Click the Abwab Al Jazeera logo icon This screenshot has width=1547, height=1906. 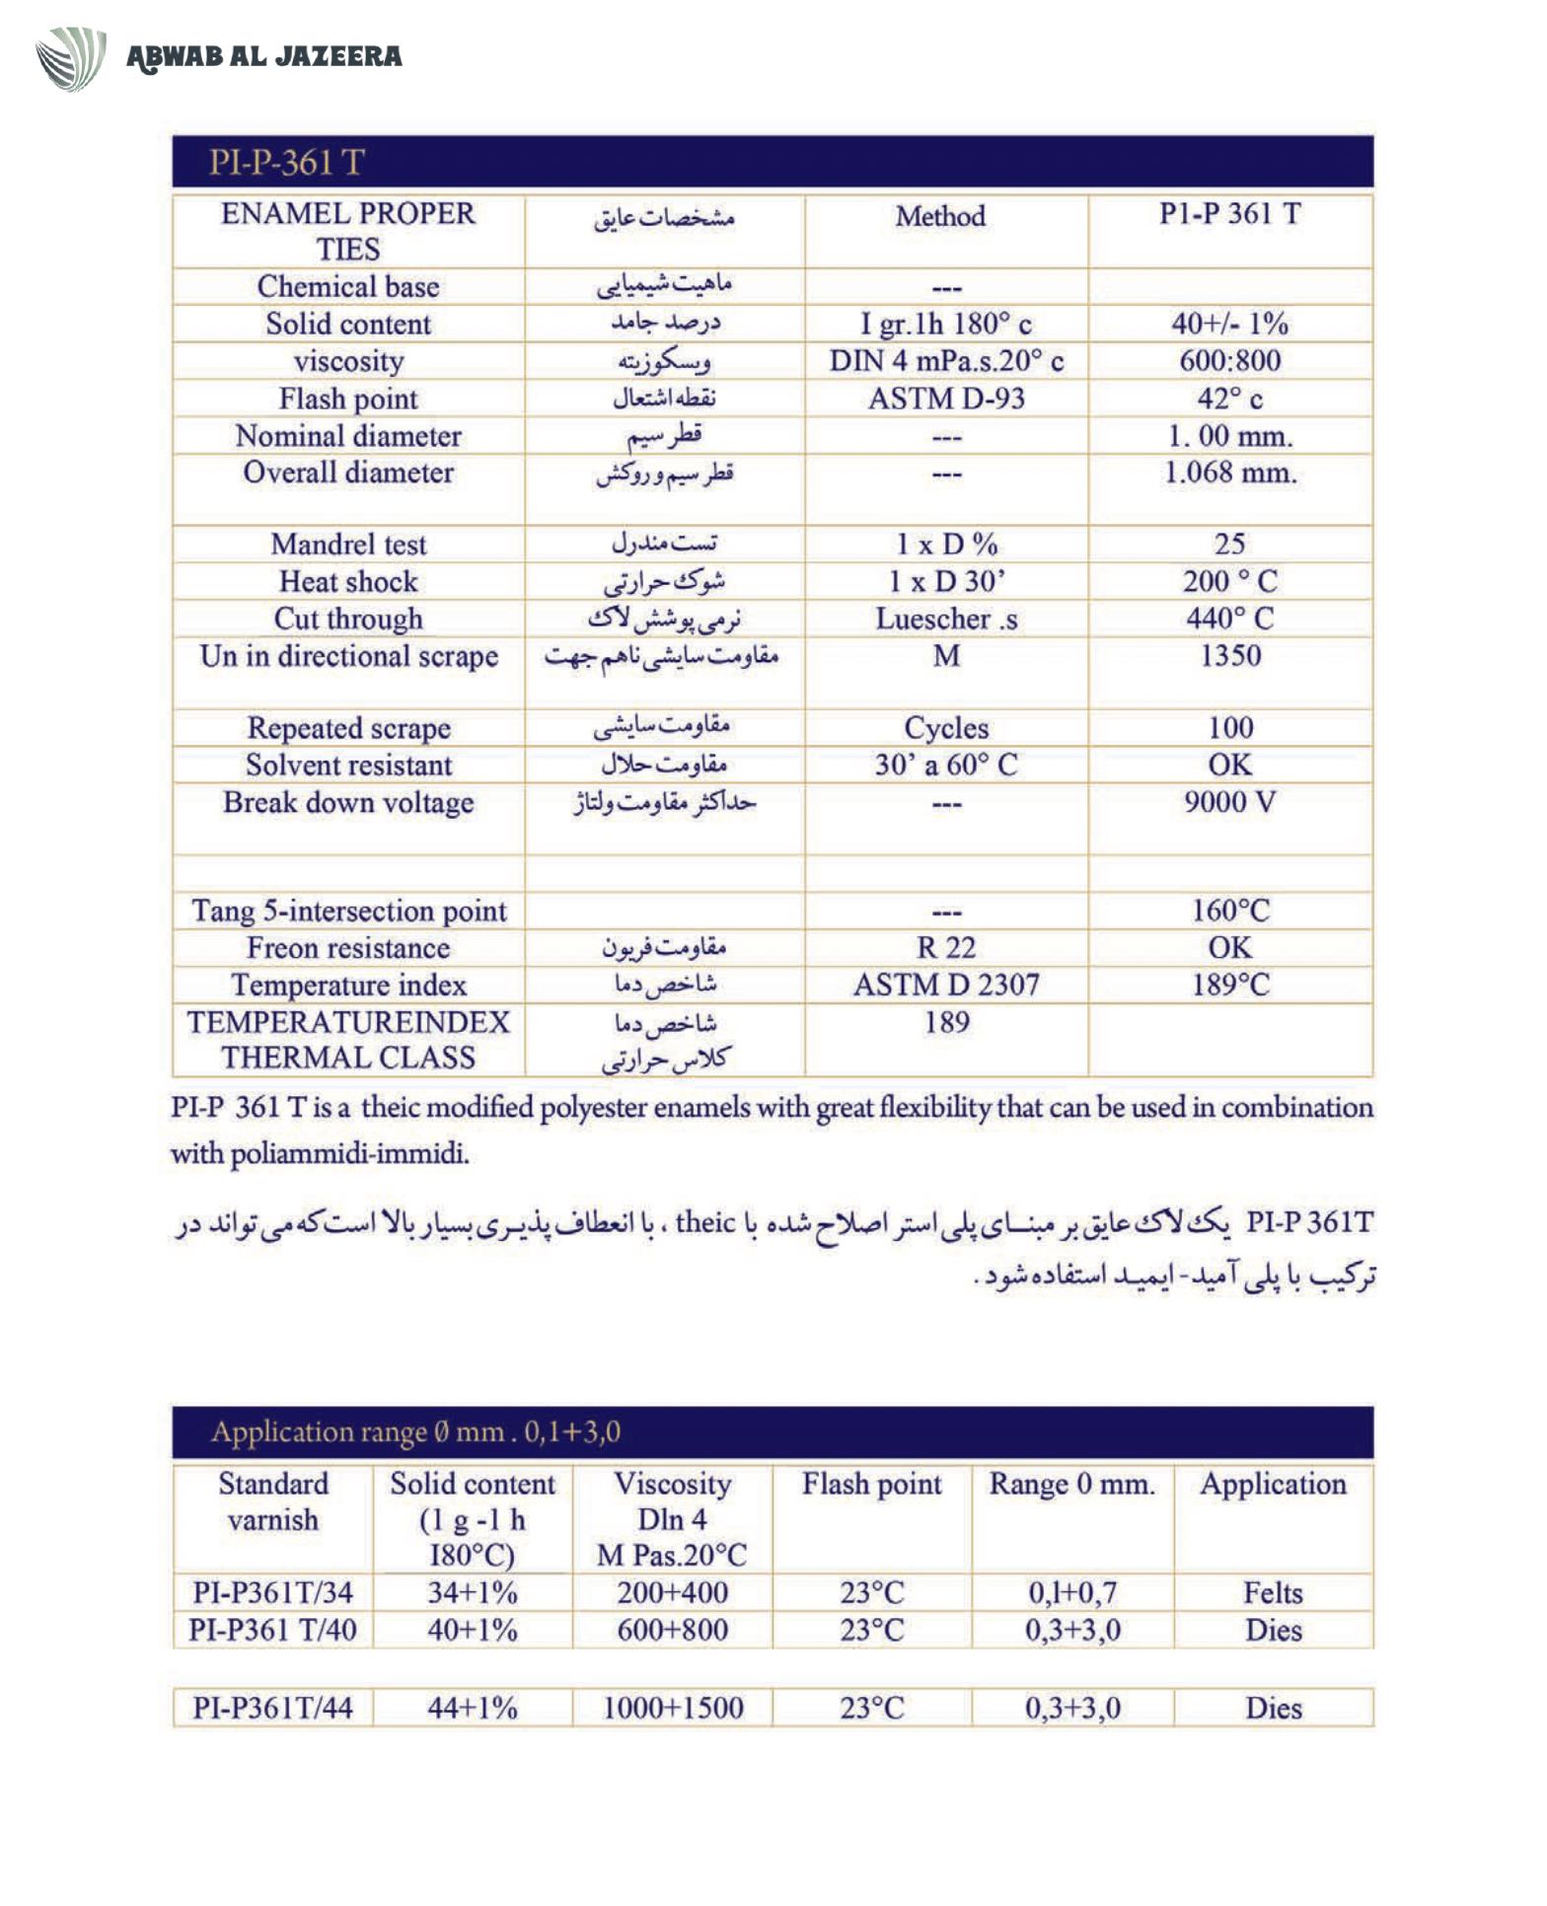pyautogui.click(x=70, y=58)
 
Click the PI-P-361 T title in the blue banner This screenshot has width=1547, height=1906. pyautogui.click(x=286, y=162)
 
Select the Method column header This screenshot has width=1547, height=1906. pyautogui.click(x=939, y=216)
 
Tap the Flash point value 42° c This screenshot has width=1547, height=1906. pyautogui.click(x=1229, y=399)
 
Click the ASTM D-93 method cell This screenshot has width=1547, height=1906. pyautogui.click(x=946, y=399)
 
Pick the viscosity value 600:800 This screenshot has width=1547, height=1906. pyautogui.click(x=1229, y=361)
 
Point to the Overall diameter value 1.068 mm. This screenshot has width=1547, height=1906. pyautogui.click(x=1229, y=473)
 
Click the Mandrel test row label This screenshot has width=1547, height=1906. pyautogui.click(x=348, y=545)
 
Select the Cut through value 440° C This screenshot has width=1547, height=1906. pyautogui.click(x=1229, y=619)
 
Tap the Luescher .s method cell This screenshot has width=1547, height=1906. pyautogui.click(x=946, y=619)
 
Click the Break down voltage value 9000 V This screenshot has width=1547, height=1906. pyautogui.click(x=1229, y=802)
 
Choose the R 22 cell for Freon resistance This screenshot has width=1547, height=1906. pyautogui.click(x=946, y=948)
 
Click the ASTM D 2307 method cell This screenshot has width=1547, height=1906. pyautogui.click(x=946, y=985)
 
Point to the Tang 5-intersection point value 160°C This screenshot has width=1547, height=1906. pyautogui.click(x=1229, y=911)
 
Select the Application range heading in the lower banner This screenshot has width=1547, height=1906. pyautogui.click(x=415, y=1431)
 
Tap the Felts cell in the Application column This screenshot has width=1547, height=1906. pyautogui.click(x=1273, y=1592)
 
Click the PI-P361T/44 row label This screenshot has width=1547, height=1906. pyautogui.click(x=272, y=1708)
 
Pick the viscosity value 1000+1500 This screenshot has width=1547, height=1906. pyautogui.click(x=673, y=1708)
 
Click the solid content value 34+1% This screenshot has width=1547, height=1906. pyautogui.click(x=473, y=1592)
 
